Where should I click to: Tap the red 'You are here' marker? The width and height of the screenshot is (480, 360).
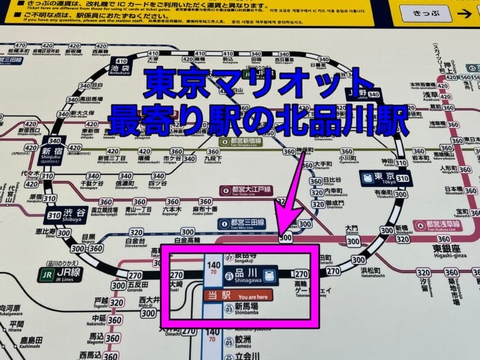(x=238, y=295)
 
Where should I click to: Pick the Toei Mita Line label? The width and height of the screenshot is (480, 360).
(x=241, y=223)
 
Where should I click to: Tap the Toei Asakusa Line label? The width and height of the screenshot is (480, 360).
(x=438, y=226)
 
